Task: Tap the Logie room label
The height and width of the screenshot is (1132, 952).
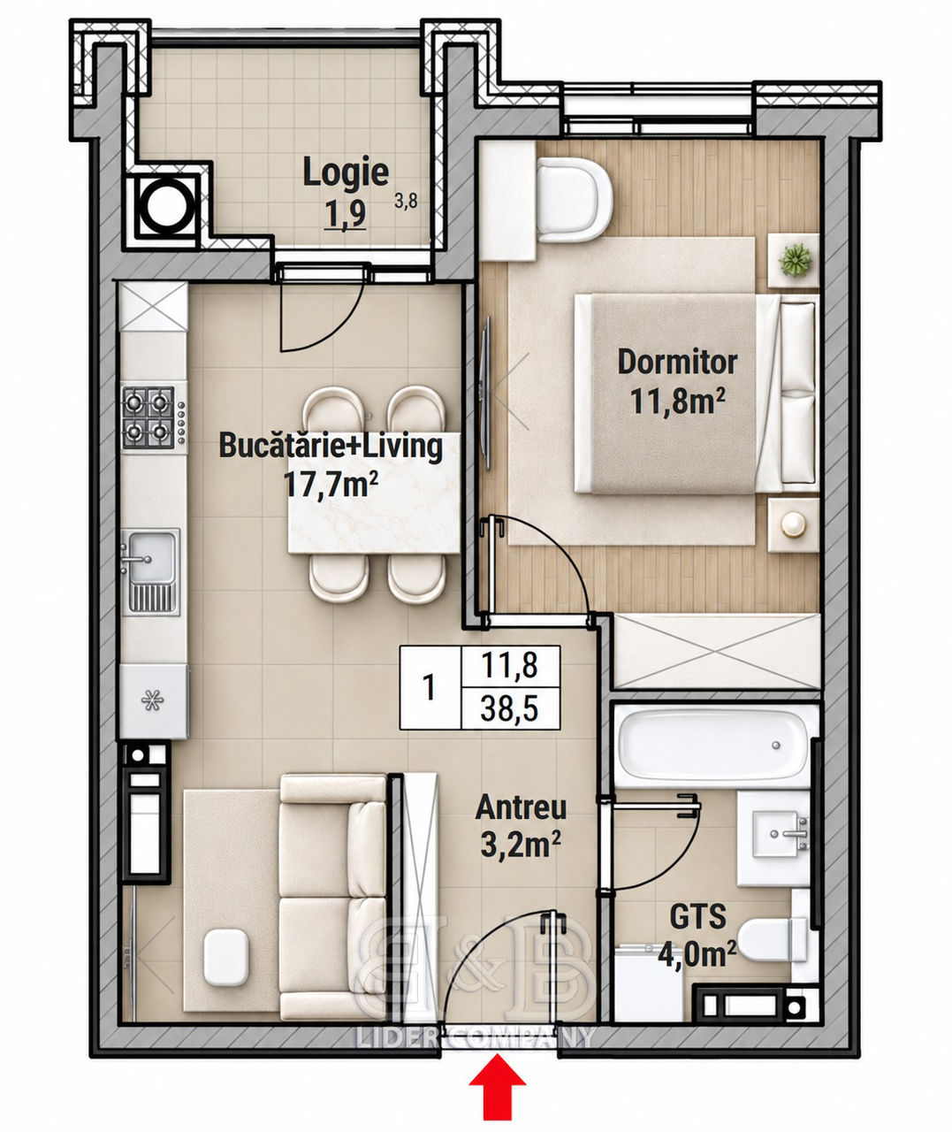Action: [345, 172]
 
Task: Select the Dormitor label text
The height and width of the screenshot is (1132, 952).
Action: [677, 363]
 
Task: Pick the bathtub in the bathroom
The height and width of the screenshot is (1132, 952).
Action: [712, 746]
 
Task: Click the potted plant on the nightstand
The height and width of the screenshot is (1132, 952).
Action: [795, 259]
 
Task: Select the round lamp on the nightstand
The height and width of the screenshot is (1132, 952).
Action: [793, 524]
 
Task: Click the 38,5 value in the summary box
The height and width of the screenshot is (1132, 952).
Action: [509, 708]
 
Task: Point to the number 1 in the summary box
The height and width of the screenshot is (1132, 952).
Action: [429, 686]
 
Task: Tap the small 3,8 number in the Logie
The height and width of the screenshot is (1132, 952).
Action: [406, 202]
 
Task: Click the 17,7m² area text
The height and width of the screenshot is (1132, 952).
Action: [331, 484]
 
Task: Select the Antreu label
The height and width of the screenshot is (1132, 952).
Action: [521, 807]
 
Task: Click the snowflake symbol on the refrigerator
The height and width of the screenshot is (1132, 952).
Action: [152, 700]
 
